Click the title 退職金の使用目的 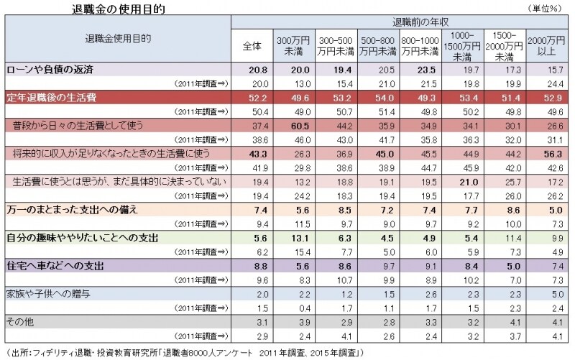click(x=109, y=9)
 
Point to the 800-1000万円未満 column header click(x=420, y=45)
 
